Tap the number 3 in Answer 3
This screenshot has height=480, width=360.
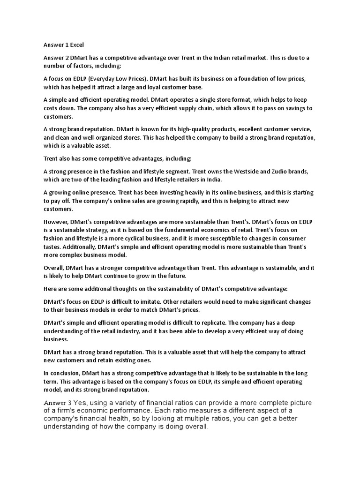pos(69,403)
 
